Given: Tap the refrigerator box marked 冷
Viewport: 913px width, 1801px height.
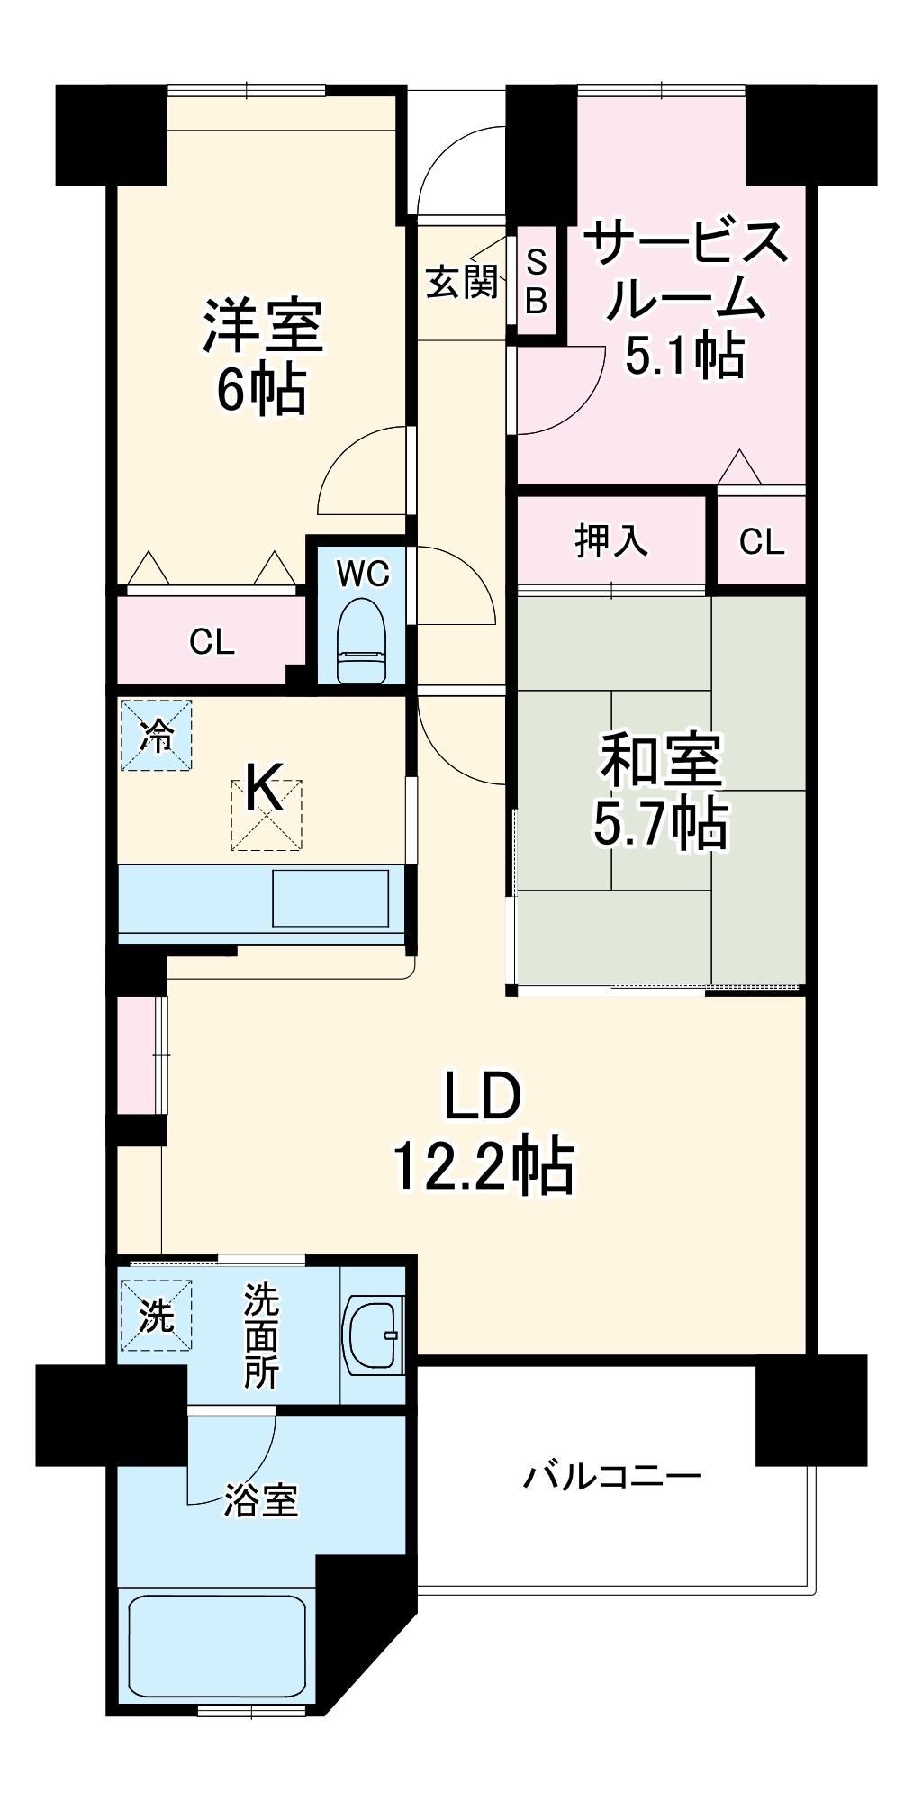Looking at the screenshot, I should point(157,736).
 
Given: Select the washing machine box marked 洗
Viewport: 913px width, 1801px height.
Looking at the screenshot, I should point(157,1316).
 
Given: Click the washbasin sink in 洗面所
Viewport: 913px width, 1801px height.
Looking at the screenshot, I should point(373,1335).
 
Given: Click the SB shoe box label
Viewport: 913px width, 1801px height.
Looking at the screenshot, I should point(536,282).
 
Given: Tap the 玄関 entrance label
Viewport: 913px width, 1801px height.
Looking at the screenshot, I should point(462,282).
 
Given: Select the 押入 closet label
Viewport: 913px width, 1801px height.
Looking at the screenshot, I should point(611,540).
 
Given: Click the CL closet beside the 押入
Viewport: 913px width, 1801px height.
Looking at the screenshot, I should point(761,541).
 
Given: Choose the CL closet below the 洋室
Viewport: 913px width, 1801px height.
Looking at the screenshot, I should point(212,641).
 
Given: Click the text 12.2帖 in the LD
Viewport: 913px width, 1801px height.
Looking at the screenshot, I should point(483,1166).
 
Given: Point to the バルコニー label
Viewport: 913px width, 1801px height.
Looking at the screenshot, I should point(612,1477).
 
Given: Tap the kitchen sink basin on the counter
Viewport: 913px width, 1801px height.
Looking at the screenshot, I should point(330,898).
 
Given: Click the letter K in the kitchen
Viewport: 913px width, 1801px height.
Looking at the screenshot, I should point(265,788).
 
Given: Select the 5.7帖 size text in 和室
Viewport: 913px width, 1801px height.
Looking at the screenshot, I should point(660,822).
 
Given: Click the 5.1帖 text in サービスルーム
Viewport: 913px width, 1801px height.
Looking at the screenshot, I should point(684,354).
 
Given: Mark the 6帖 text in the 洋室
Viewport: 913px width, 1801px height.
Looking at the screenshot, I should point(261,389).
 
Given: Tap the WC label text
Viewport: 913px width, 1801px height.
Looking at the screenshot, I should point(363,573).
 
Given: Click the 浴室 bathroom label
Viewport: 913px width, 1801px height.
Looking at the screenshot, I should point(260,1500).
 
